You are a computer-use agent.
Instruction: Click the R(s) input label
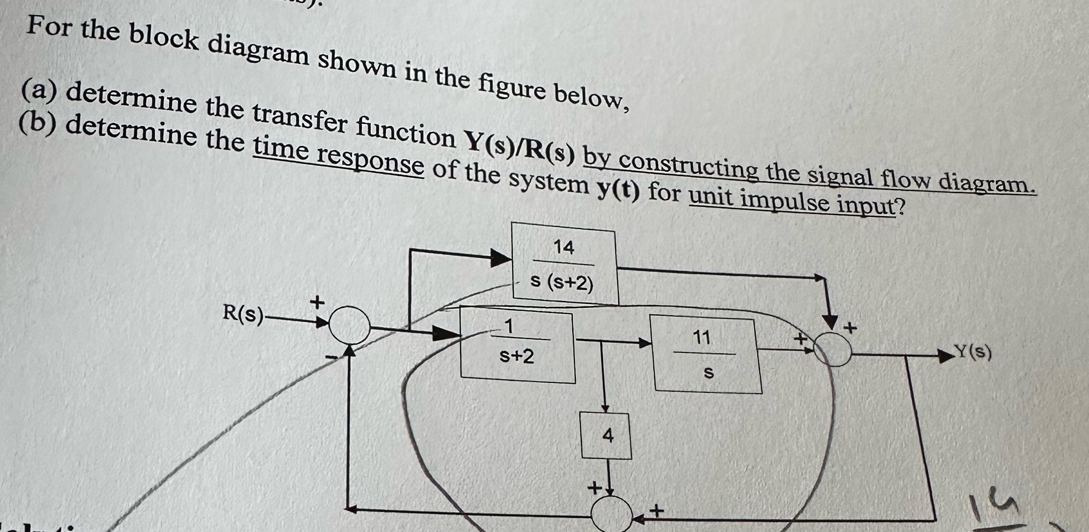pyautogui.click(x=243, y=314)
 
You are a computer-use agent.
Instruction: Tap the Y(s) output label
pyautogui.click(x=974, y=352)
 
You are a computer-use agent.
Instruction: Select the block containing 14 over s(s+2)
pyautogui.click(x=564, y=264)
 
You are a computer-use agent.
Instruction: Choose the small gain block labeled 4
pyautogui.click(x=606, y=436)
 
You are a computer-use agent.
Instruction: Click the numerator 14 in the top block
pyautogui.click(x=564, y=247)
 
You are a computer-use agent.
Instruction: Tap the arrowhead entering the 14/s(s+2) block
pyautogui.click(x=501, y=258)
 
